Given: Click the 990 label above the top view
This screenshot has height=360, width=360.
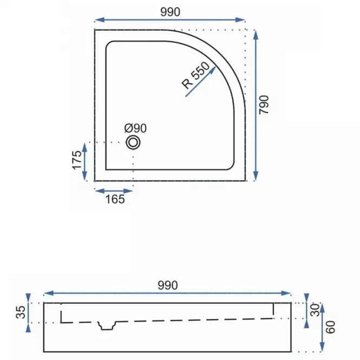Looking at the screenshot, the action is pos(170,12).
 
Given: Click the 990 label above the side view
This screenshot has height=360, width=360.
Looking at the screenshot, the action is pos(168,285).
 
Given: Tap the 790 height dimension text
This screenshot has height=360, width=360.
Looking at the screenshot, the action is pos(264,104).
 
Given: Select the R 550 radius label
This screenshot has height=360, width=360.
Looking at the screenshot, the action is pos(195,75).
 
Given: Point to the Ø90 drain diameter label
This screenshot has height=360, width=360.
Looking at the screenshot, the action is pos(135,128).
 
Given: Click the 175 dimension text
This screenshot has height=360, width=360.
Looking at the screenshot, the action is pos(77,160).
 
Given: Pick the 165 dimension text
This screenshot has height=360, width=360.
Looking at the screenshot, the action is pos(115,199).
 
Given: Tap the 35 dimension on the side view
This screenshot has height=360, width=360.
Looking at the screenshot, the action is pos(21,312).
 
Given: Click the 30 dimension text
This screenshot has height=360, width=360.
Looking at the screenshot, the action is pos(315,310).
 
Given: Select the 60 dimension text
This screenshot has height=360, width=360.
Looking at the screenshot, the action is pos(330,327).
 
